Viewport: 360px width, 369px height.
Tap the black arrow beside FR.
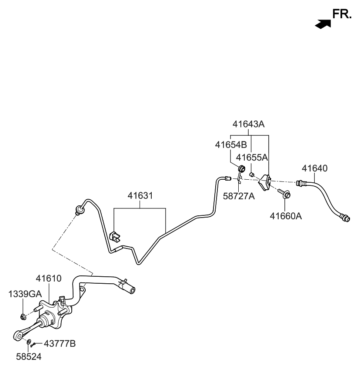[321, 24]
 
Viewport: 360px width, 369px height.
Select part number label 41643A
[248, 124]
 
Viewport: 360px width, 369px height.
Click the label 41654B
[230, 144]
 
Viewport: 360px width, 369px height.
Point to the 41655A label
[252, 157]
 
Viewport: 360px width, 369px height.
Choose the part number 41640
[315, 168]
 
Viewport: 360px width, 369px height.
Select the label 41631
[140, 196]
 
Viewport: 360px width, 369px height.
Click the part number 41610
[48, 278]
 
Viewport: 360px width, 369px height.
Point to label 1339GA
[24, 294]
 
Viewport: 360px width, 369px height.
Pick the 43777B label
[60, 344]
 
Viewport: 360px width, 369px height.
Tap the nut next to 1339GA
[23, 315]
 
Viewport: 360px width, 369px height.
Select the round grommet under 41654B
[242, 169]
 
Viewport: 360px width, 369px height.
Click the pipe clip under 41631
[115, 236]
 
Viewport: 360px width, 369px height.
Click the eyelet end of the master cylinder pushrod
[18, 335]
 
